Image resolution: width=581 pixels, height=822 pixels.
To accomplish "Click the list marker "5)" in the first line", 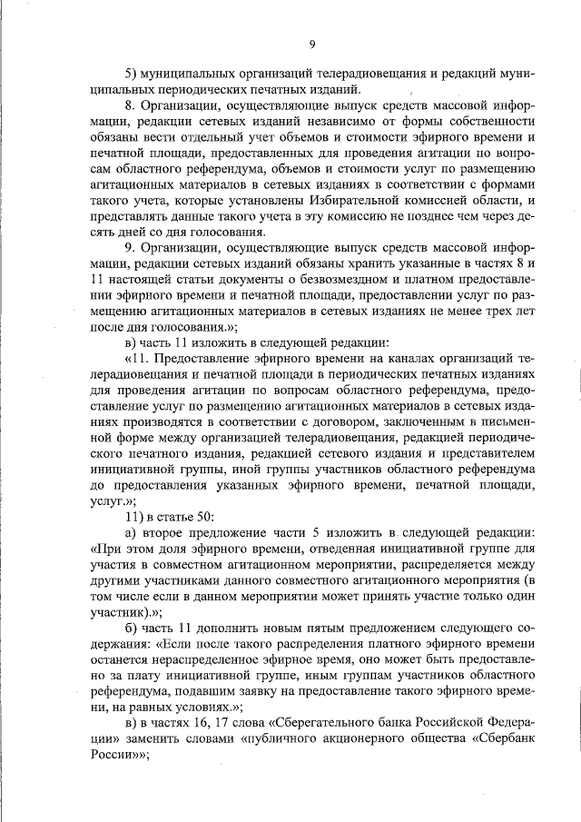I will [131, 72].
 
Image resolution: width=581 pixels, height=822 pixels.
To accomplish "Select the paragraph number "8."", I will [130, 106].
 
